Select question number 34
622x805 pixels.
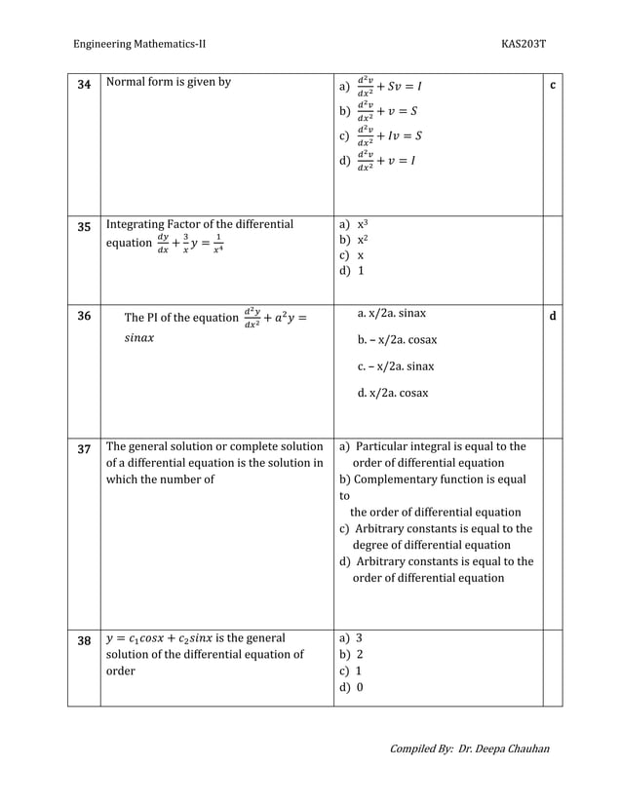(84, 86)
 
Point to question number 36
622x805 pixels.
(84, 316)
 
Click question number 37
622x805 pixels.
(84, 449)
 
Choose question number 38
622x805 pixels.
(84, 640)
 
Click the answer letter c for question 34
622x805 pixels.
(553, 86)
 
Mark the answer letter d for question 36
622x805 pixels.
(553, 316)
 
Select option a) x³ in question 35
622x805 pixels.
(353, 224)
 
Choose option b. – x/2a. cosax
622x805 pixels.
(397, 340)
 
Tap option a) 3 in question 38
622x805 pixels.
(351, 638)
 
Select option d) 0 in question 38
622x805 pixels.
(351, 687)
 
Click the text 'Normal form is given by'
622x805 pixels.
(168, 83)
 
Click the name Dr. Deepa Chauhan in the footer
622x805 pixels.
(504, 748)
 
